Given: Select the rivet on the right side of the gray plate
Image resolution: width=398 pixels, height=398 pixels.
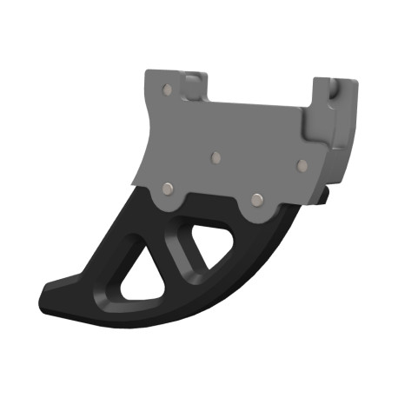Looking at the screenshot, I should pyautogui.click(x=302, y=163).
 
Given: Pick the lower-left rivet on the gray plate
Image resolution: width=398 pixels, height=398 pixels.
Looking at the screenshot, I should pyautogui.click(x=166, y=188).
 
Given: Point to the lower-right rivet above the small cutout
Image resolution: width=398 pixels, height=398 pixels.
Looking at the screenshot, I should pyautogui.click(x=256, y=199).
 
